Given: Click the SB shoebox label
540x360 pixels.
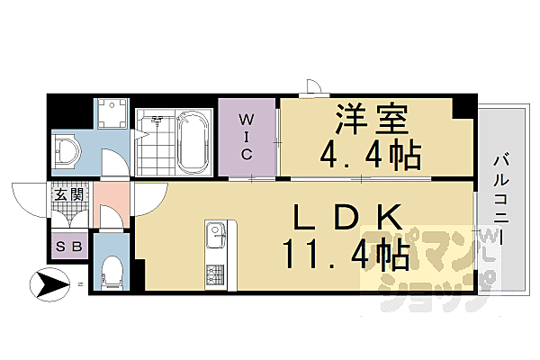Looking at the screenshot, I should click(x=68, y=247).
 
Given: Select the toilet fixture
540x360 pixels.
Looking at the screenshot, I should click(x=112, y=268).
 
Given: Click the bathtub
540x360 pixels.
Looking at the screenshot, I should click(x=193, y=143).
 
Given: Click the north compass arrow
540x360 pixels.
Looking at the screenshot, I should click(x=49, y=287).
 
